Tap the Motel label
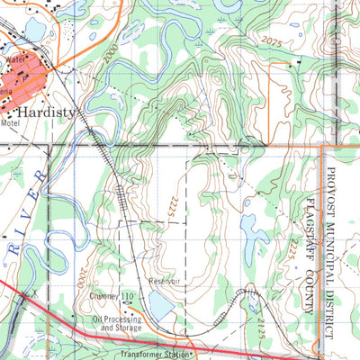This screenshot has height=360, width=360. [10, 123]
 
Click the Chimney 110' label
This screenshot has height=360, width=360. [112, 295]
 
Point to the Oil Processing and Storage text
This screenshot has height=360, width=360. [116, 323]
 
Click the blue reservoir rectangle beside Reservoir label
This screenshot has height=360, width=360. [161, 307]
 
